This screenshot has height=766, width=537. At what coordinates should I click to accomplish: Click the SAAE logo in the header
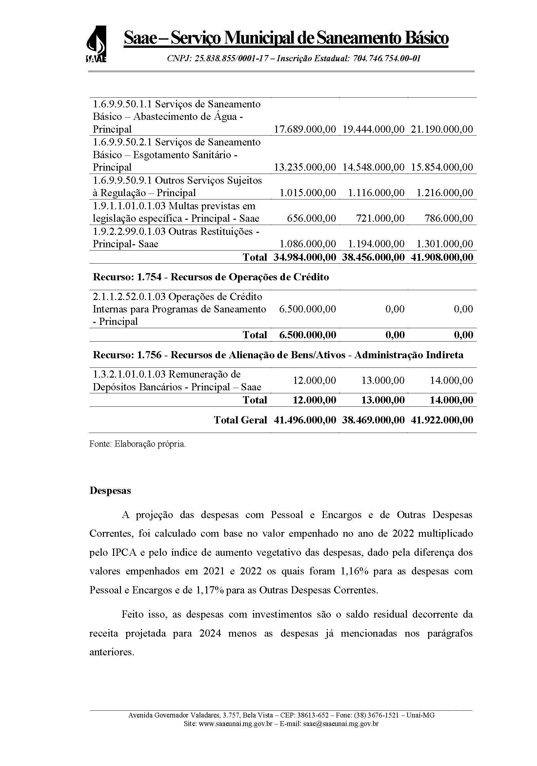click(96, 44)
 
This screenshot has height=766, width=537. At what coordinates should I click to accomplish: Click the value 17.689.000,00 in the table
click(305, 129)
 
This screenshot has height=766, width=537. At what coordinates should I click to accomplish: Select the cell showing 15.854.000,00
click(442, 167)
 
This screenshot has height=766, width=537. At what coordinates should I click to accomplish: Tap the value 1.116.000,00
click(376, 193)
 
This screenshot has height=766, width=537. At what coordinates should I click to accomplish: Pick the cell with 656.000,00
click(311, 218)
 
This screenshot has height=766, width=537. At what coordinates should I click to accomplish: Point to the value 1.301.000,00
click(445, 244)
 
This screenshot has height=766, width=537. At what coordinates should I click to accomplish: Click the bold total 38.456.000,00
click(373, 257)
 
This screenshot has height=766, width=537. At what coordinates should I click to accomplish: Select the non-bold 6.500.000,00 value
click(307, 309)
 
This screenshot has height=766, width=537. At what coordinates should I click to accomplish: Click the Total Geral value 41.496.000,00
click(305, 420)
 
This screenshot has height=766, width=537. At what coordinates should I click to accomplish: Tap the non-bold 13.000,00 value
click(383, 380)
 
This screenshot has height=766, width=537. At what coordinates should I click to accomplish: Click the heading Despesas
click(110, 491)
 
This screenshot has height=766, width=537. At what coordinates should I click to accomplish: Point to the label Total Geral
click(240, 420)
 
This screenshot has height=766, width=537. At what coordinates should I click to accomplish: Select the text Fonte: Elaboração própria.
click(137, 444)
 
